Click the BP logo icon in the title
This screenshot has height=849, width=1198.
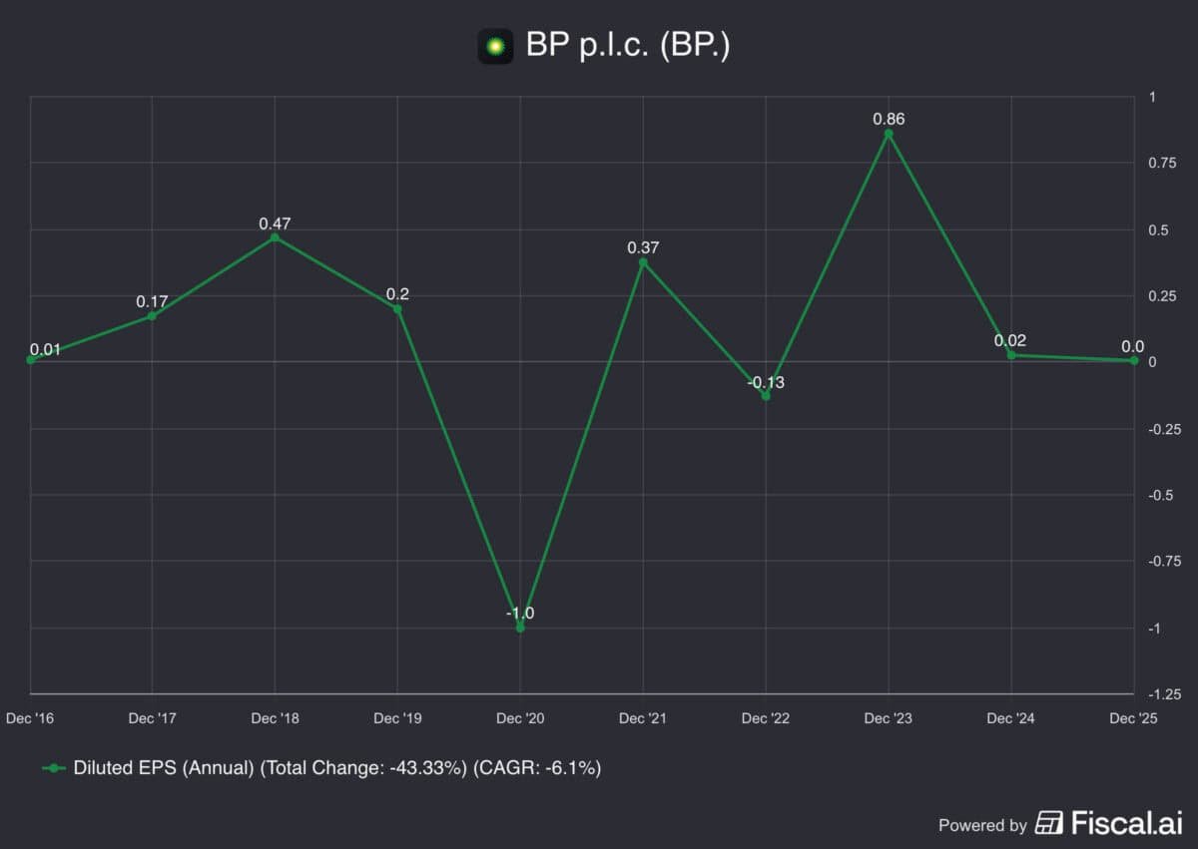point(495,46)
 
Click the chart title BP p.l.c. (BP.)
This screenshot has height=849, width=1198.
point(628,45)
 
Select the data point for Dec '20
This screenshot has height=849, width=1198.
point(520,628)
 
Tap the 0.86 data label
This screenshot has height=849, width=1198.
point(889,120)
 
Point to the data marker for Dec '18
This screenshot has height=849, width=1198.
point(275,237)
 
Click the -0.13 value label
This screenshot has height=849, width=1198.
point(766,382)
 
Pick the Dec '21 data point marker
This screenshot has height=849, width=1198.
point(643,262)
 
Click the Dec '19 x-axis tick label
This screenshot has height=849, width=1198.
point(397,718)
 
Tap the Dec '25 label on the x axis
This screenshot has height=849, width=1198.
point(1133,718)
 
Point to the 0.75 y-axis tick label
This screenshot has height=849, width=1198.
point(1161,163)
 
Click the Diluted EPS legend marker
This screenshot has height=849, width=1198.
point(54,768)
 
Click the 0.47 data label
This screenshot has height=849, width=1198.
point(275,223)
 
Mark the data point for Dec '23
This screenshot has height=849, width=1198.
point(889,134)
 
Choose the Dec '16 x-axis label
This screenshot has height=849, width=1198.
point(30,718)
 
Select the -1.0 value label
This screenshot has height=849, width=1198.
point(520,613)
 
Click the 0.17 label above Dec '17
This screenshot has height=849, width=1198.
point(152,300)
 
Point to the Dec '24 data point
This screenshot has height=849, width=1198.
point(1011,355)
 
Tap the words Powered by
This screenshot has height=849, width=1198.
point(982,825)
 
